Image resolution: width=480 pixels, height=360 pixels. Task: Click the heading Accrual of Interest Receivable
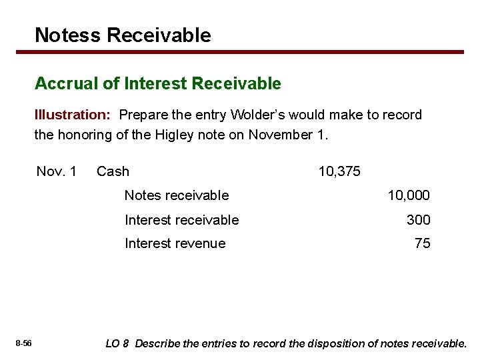point(158,83)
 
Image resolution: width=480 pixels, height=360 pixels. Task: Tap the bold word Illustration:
point(73,115)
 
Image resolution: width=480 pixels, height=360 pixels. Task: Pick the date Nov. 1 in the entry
point(57,171)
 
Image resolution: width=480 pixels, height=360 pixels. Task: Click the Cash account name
point(113,171)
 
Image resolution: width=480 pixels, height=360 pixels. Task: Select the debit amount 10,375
point(339,171)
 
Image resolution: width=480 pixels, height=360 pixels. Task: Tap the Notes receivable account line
point(177,195)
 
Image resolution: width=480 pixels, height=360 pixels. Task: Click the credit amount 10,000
point(409,195)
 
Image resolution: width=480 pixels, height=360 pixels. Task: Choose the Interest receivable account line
point(181,219)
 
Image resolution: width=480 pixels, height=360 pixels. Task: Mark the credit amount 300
point(418,219)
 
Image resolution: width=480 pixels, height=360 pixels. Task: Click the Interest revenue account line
point(175,243)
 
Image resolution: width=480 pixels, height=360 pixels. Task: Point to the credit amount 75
point(422,243)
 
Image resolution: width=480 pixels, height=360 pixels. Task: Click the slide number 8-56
point(23,343)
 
